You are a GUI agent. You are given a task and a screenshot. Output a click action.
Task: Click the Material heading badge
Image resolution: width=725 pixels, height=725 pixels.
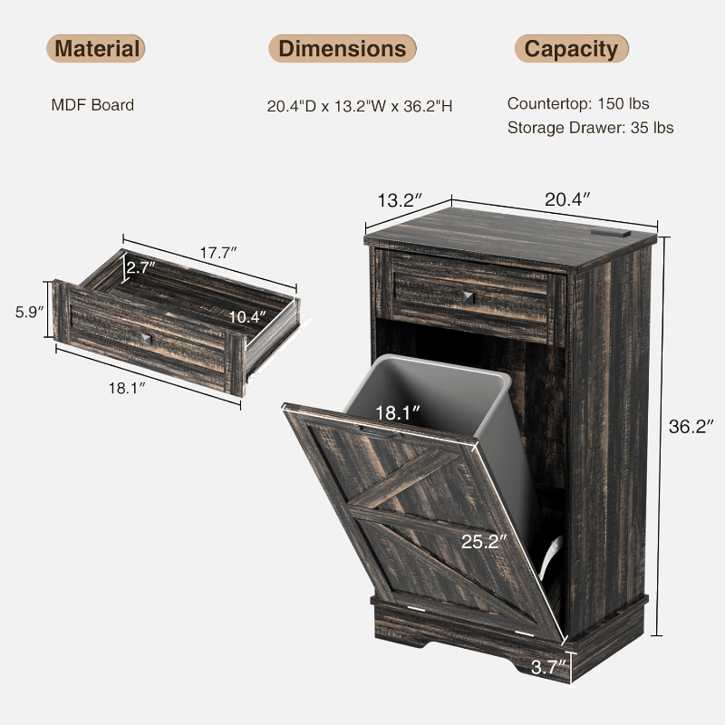coord(96,49)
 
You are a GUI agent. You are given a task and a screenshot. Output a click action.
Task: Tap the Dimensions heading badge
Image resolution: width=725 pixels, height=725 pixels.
coord(343,49)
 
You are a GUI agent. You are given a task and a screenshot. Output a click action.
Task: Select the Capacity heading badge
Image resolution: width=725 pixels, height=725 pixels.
coord(571,49)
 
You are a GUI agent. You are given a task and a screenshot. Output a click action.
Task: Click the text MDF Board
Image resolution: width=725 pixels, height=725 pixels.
coord(92,105)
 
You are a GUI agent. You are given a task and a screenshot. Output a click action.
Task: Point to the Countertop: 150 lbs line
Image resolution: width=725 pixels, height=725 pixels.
coord(578,103)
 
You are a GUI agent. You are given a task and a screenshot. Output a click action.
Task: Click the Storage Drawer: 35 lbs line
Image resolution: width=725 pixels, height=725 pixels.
coord(591,128)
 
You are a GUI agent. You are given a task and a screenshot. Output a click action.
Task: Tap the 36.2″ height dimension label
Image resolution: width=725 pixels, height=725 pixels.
coord(691,427)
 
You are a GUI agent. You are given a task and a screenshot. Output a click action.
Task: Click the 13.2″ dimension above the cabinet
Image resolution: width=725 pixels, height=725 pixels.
coord(400,200)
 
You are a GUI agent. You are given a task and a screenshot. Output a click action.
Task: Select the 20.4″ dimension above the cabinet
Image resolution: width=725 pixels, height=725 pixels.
coord(567,199)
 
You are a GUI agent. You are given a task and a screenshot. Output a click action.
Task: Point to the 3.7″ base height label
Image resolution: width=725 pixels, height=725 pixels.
coord(548,667)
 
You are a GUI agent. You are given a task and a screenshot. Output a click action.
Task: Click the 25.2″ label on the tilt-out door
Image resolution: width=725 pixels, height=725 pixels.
coord(484,541)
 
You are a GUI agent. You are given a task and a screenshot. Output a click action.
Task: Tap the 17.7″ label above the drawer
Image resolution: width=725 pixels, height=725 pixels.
coord(218,253)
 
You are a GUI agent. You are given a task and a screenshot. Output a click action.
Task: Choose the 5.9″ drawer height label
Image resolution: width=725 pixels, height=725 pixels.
coord(30,312)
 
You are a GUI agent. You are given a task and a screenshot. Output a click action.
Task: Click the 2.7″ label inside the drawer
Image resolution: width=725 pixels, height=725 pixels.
coord(141,267)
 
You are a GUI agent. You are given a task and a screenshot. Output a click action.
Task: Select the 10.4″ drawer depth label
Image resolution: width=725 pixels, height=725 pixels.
coord(247,317)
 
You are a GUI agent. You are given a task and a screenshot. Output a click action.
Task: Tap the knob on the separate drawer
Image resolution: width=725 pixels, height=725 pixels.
coord(146,339)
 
